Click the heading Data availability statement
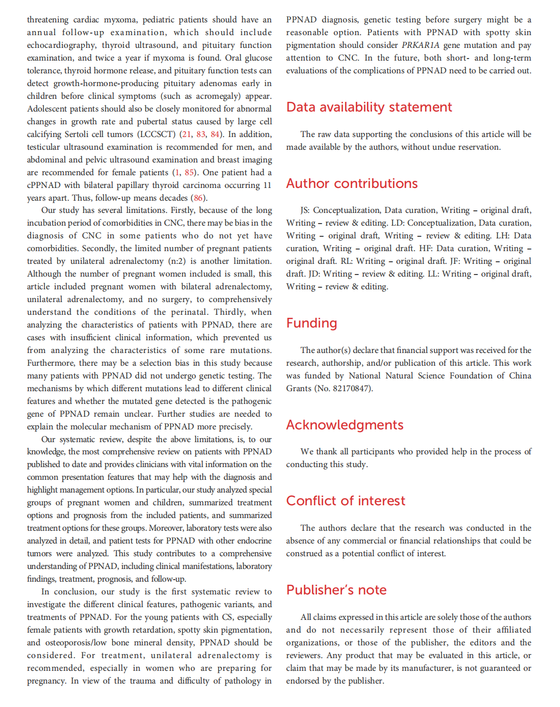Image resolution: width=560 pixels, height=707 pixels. [369, 107]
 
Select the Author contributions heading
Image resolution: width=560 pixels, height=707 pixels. [352, 184]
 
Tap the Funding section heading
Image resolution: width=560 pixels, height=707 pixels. [312, 323]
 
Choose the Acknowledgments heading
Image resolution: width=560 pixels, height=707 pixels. [345, 425]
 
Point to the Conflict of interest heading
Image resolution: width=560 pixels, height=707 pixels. [346, 501]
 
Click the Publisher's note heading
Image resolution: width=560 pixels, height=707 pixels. [336, 590]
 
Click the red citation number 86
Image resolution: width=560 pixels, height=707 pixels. [198, 198]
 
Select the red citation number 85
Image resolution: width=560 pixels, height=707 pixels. [189, 173]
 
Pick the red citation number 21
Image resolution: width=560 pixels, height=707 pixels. [187, 134]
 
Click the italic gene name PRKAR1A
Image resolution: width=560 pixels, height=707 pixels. [420, 45]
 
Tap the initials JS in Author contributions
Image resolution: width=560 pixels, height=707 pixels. [304, 210]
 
